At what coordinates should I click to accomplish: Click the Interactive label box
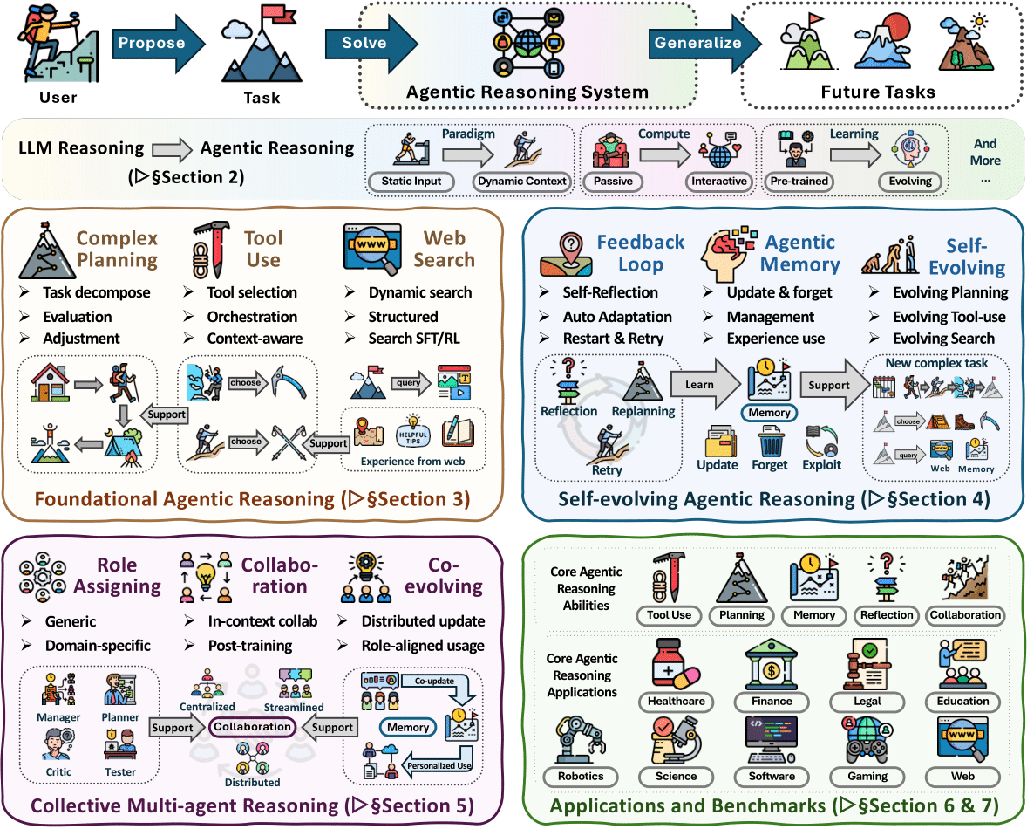(x=719, y=182)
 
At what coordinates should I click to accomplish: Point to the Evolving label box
(x=910, y=182)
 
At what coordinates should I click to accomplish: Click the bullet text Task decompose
(x=96, y=292)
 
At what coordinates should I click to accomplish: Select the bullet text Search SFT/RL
(x=413, y=338)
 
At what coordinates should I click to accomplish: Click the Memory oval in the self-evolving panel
(x=770, y=413)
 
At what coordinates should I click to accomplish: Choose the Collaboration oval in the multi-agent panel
(x=253, y=727)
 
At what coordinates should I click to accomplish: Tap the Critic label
(x=59, y=771)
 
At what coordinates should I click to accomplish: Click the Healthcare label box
(x=676, y=701)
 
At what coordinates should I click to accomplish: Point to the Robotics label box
(x=580, y=776)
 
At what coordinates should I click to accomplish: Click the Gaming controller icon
(x=867, y=740)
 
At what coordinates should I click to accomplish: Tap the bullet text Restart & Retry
(x=613, y=338)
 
